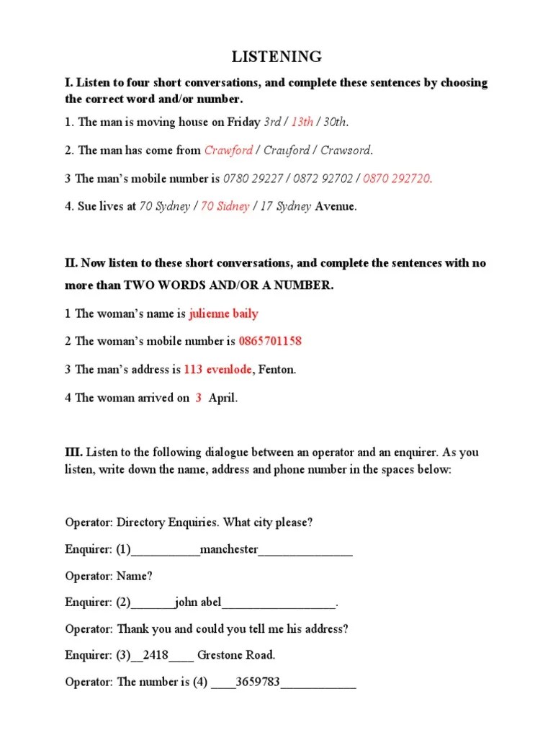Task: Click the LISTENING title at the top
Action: [276, 57]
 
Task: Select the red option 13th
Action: [302, 122]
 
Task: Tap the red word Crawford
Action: [228, 150]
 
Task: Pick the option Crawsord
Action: [346, 150]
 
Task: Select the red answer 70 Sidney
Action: [225, 206]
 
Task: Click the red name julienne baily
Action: [223, 314]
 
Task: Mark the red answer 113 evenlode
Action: [217, 369]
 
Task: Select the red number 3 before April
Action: [198, 397]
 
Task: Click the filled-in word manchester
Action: [229, 549]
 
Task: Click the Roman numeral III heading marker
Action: [73, 453]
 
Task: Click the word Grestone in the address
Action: [220, 655]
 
